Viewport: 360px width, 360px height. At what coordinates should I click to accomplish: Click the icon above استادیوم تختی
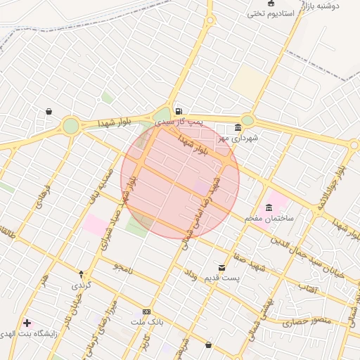click(x=271, y=3)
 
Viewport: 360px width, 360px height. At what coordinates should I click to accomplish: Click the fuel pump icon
click(x=179, y=111)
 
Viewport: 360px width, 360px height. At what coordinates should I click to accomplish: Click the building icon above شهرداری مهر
click(x=238, y=127)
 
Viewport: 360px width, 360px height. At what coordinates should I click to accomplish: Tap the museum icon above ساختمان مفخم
click(x=269, y=208)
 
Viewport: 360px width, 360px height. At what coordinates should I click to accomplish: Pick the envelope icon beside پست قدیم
click(x=222, y=268)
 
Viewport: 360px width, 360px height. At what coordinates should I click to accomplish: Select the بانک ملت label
click(x=147, y=322)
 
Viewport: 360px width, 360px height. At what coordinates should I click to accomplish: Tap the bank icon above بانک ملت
click(x=146, y=311)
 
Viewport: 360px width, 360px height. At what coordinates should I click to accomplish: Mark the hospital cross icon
click(x=27, y=323)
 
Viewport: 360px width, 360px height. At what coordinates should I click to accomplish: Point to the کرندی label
click(x=81, y=285)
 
